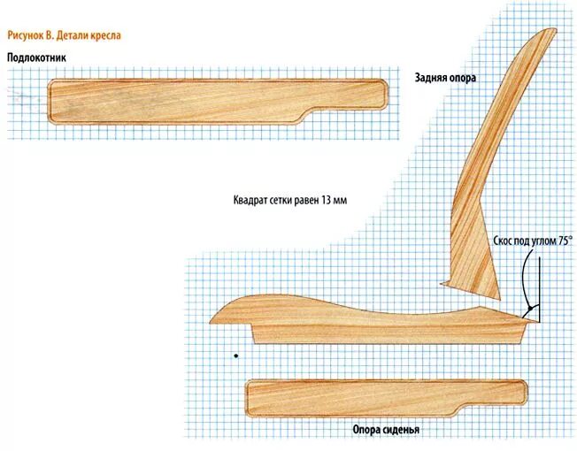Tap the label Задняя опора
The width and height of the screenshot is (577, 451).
point(445,78)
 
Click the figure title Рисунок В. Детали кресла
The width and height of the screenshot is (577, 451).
point(64,36)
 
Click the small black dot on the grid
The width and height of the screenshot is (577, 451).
point(235,355)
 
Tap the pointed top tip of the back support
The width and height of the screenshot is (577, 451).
point(540,31)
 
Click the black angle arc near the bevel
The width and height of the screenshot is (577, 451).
point(527,283)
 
